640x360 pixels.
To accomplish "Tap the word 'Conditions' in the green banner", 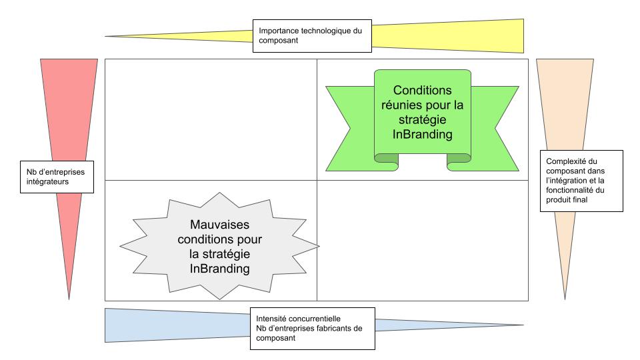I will tap(423, 90).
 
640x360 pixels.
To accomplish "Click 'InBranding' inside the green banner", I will tap(423, 134).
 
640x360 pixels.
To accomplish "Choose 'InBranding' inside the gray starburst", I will tap(219, 269).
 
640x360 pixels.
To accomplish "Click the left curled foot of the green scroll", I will tap(387, 157).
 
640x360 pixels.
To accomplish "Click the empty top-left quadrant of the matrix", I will tap(211, 119).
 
